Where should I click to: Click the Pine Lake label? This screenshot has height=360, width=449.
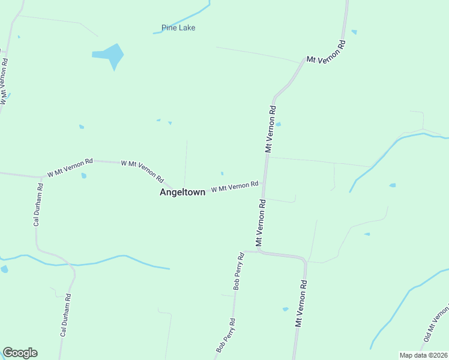(x=178, y=28)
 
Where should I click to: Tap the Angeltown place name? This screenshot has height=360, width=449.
(x=182, y=193)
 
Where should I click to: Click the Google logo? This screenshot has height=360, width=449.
(x=20, y=353)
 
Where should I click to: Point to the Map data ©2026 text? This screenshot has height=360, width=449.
(x=423, y=355)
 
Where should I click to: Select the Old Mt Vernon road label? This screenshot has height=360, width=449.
(x=436, y=325)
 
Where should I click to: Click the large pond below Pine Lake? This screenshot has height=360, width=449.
(x=110, y=55)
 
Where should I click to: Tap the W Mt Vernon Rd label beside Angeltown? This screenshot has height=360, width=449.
(x=234, y=187)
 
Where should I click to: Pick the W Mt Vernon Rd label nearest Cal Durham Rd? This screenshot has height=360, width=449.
(x=70, y=167)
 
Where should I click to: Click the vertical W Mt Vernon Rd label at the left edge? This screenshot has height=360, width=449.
(x=4, y=82)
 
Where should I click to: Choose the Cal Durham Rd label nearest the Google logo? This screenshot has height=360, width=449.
(x=65, y=314)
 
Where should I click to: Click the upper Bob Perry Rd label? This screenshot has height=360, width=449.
(x=239, y=272)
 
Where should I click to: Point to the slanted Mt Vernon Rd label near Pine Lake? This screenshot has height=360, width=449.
(x=327, y=52)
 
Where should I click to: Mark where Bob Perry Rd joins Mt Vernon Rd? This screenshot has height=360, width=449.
(x=245, y=251)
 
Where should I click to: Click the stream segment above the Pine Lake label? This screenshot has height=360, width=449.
(x=183, y=17)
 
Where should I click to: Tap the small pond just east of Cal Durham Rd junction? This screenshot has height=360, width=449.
(x=84, y=176)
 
